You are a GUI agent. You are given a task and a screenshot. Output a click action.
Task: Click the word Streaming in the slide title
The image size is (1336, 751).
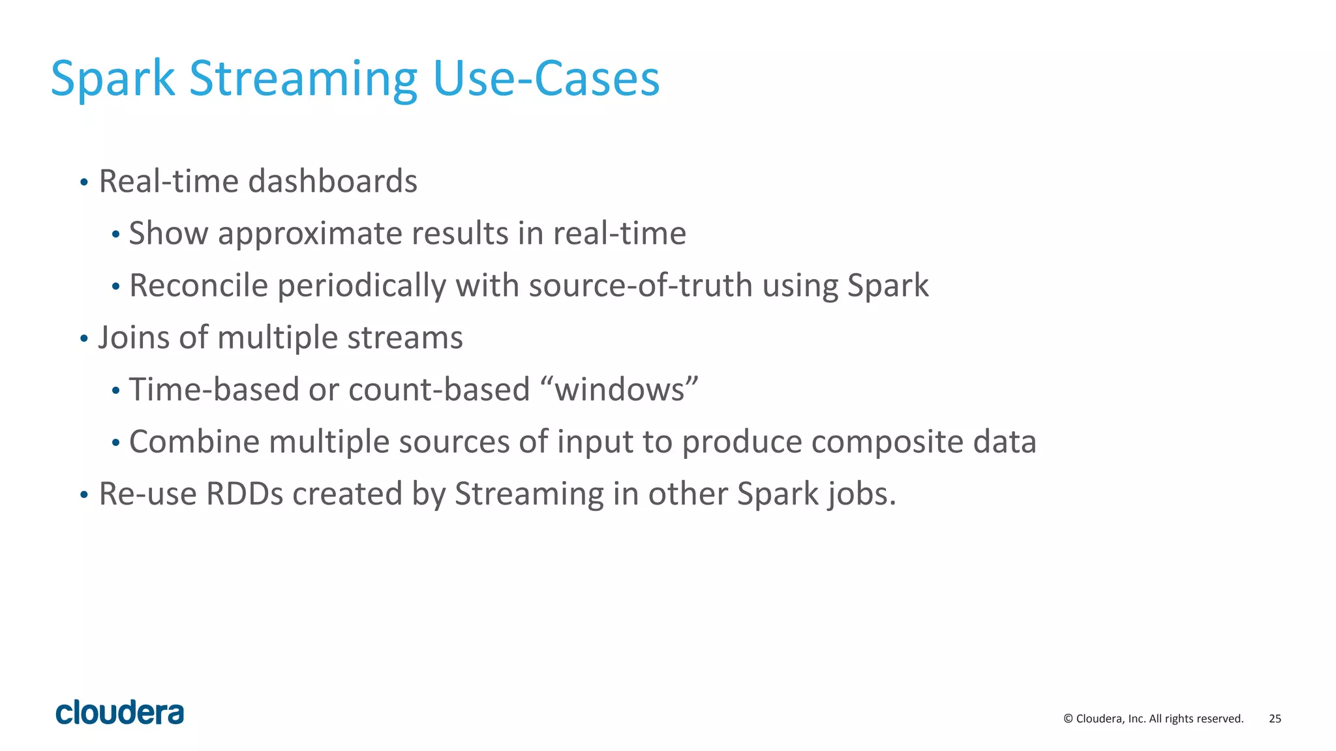303,79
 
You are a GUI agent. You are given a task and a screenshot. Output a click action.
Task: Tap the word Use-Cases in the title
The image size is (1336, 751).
546,79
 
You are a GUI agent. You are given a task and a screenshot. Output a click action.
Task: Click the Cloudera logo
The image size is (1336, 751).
120,713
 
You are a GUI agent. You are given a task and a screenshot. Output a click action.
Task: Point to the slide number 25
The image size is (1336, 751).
1275,718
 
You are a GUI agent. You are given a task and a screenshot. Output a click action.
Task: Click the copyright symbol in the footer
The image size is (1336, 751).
1068,718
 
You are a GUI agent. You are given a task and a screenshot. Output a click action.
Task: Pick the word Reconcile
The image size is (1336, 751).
198,286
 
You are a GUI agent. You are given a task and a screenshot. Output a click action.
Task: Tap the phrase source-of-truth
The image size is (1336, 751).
641,286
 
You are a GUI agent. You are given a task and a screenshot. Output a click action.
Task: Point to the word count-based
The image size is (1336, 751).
439,390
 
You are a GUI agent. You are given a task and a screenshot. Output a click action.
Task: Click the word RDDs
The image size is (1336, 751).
245,494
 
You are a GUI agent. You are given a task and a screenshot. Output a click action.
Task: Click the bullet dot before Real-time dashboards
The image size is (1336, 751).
83,183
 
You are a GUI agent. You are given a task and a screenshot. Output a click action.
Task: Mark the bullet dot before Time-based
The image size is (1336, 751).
115,392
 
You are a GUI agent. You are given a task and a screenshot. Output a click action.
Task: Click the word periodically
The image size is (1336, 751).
361,286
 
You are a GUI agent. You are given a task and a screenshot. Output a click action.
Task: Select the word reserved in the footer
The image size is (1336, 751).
1219,718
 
